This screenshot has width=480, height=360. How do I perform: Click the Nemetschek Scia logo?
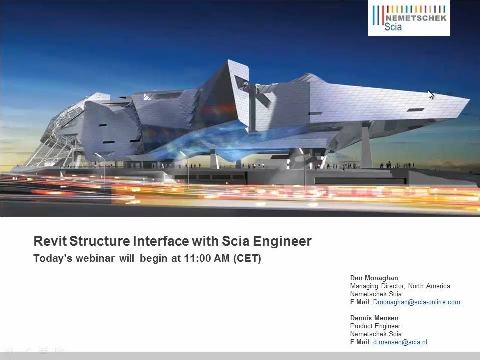tap(409, 18)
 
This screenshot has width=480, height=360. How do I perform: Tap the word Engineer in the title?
tap(282, 241)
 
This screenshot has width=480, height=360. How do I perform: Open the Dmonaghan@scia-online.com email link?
tap(416, 302)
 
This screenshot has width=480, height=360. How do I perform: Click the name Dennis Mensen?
tap(374, 318)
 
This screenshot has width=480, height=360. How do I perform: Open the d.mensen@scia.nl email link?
tap(400, 342)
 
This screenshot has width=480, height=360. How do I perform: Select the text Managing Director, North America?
tap(400, 286)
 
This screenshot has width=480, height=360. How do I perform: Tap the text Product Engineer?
tap(375, 326)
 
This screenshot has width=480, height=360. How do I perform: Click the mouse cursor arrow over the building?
tap(430, 94)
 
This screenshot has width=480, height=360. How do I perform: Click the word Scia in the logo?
tap(393, 26)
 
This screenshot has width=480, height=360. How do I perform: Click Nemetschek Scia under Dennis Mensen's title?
tap(376, 334)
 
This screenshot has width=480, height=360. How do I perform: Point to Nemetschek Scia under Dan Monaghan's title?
tap(376, 294)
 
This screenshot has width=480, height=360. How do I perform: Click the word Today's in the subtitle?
tap(51, 259)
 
